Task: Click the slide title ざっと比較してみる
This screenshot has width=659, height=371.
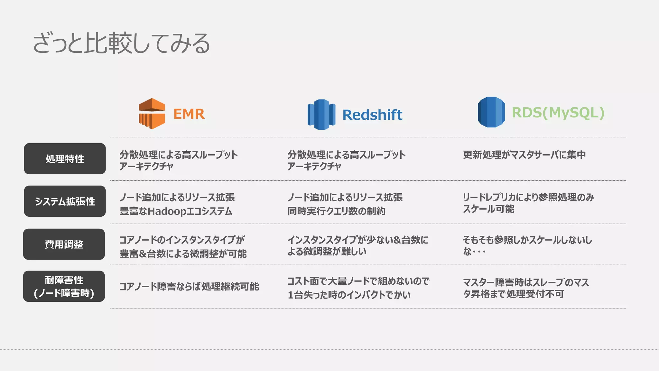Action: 121,43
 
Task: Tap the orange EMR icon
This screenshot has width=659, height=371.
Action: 152,114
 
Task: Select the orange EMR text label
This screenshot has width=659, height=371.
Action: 189,114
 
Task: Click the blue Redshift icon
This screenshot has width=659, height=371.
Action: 321,115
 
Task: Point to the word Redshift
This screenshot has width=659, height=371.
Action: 372,115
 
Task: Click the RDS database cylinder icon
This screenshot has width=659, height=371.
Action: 491,112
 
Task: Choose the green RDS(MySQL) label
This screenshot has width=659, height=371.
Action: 558,113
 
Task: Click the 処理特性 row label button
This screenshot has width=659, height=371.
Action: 65,159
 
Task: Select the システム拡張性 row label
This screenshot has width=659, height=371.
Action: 65,201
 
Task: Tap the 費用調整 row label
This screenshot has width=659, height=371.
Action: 64,244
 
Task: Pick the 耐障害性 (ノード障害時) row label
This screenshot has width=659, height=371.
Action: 64,286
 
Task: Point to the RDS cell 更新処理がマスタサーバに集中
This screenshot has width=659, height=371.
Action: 524,155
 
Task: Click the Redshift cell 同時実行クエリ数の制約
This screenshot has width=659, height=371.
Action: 336,211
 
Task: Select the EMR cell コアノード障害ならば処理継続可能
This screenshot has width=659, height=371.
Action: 189,286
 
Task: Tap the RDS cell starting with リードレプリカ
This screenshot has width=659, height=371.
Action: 528,203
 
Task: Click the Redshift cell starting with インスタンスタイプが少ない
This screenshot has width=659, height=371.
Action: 357,245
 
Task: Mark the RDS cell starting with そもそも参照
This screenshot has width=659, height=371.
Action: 527,245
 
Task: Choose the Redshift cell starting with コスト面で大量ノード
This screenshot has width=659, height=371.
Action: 358,288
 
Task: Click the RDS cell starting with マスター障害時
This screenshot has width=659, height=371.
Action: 525,288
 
